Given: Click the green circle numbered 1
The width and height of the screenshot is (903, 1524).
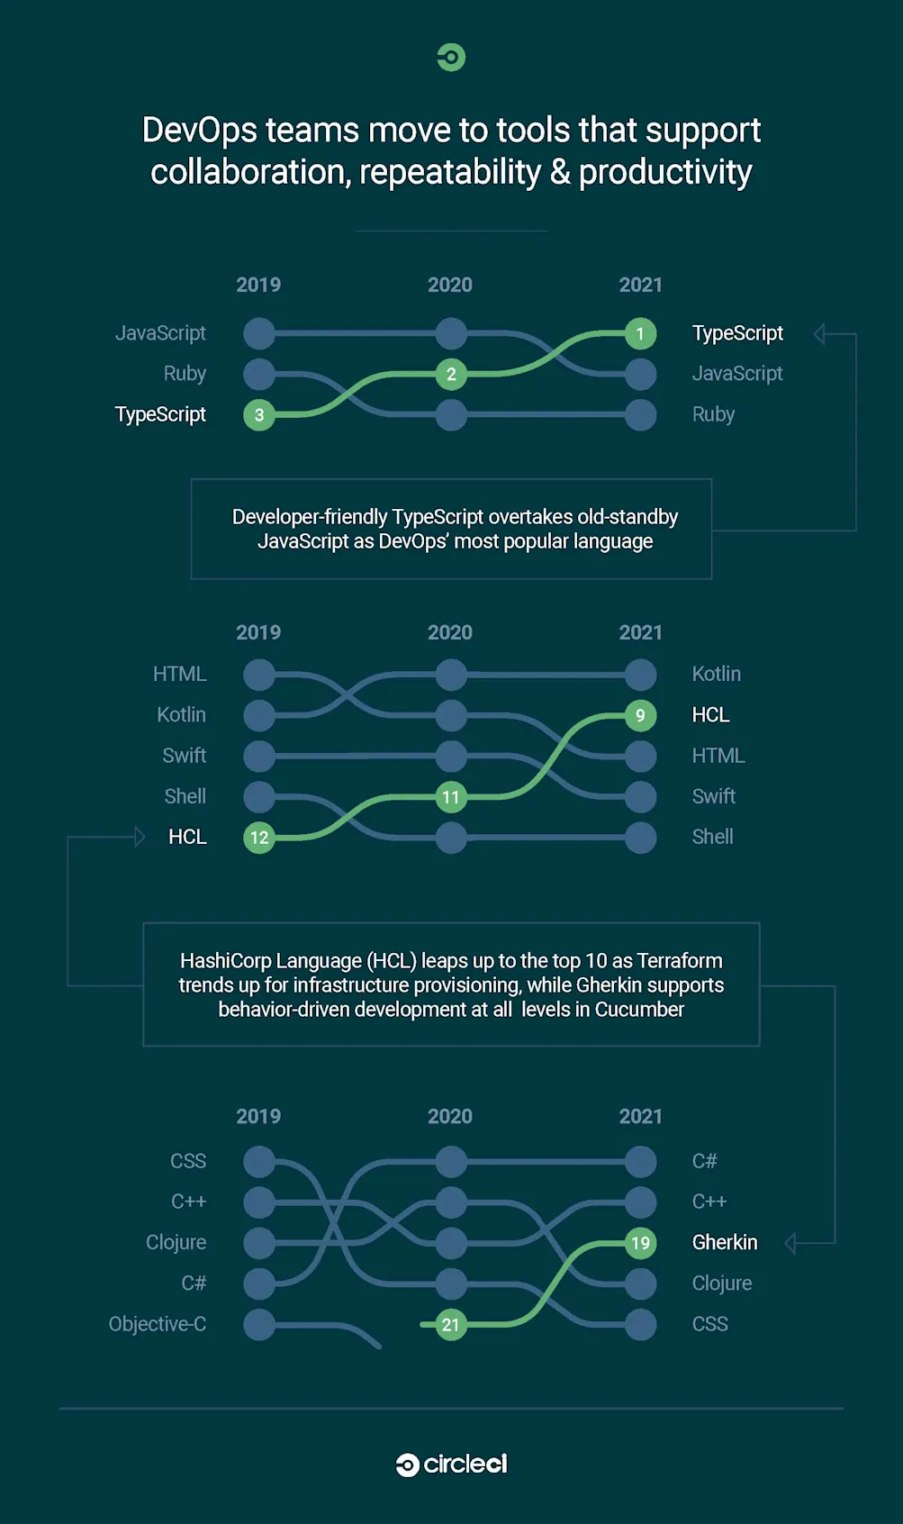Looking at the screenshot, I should point(640,334).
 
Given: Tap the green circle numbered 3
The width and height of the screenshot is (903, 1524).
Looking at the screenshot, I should point(259,415).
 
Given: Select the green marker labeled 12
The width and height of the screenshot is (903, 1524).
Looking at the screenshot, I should point(259,838).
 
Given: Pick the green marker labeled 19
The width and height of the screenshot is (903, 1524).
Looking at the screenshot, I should point(640,1244).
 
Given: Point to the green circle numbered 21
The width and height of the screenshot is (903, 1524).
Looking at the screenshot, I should point(451,1325).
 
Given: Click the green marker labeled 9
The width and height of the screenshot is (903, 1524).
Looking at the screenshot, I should point(640,716).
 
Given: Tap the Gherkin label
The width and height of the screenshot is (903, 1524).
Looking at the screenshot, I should point(724,1243).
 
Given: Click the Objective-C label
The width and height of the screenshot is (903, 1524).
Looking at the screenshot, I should point(158,1324).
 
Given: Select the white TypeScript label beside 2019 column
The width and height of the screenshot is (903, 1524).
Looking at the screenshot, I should point(160,414).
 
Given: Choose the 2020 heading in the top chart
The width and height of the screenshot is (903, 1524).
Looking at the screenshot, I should point(450,286).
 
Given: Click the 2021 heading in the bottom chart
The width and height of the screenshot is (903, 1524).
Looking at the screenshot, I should point(640,1117).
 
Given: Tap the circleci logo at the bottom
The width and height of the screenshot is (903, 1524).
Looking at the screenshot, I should point(451,1465).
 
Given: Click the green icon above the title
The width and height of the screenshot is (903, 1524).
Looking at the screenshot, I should point(451,58).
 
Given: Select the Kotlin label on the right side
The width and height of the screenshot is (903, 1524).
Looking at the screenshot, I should point(716,675).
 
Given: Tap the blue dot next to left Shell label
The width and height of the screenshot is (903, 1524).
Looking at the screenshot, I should point(259,797).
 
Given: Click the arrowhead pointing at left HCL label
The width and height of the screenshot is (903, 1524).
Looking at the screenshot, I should point(140,837).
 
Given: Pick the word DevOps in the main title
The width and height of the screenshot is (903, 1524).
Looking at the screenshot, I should point(200,132).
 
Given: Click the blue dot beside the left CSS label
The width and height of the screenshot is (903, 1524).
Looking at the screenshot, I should point(259,1162).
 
